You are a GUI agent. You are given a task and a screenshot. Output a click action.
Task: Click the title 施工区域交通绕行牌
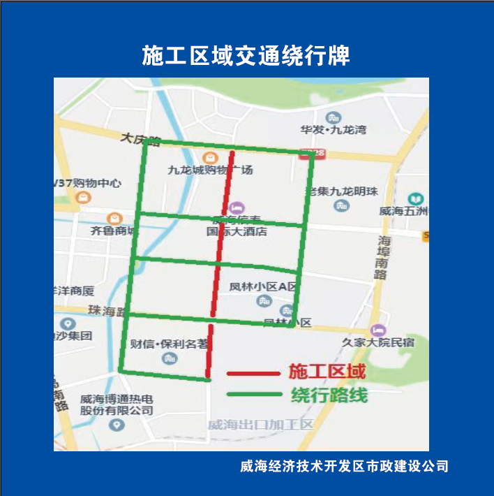click(x=246, y=55)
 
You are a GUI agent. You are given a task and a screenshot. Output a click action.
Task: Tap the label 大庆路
click(x=140, y=139)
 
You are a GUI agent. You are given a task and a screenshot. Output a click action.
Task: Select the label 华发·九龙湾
click(x=333, y=130)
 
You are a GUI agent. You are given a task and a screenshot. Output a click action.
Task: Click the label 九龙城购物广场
click(x=210, y=170)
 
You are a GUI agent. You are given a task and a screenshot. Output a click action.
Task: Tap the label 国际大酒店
click(x=237, y=231)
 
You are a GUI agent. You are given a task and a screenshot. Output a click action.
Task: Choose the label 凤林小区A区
click(x=263, y=286)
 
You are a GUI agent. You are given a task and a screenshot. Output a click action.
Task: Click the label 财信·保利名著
click(x=170, y=344)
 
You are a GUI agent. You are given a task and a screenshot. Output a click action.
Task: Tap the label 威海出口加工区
click(x=261, y=425)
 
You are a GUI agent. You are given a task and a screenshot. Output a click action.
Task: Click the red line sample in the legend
click(x=253, y=374)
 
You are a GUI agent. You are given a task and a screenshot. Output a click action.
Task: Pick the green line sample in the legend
click(x=253, y=395)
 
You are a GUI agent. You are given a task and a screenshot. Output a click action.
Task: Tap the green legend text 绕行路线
click(x=329, y=395)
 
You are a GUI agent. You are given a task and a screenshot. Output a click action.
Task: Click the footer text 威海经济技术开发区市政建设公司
click(x=343, y=466)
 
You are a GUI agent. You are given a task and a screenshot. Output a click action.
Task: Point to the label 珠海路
click(x=106, y=311)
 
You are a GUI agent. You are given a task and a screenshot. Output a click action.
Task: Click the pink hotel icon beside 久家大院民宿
click(x=379, y=328)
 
